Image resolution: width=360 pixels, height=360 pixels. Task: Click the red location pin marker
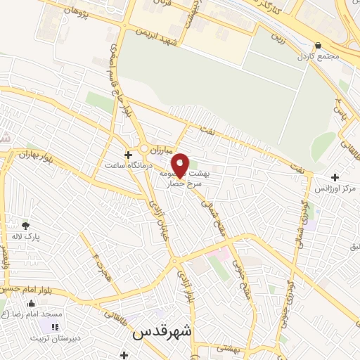point(181,165)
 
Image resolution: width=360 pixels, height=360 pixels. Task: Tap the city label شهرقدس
point(163,332)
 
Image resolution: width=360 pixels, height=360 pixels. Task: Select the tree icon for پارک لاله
point(26,226)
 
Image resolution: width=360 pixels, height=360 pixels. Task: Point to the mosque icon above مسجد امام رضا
point(32,304)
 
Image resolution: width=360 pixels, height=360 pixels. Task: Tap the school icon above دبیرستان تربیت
point(55,327)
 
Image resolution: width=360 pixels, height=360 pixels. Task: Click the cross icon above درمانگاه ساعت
point(127,155)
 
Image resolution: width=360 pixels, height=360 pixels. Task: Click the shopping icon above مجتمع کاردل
point(319,45)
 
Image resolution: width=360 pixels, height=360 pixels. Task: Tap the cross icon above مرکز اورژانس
point(335,178)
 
